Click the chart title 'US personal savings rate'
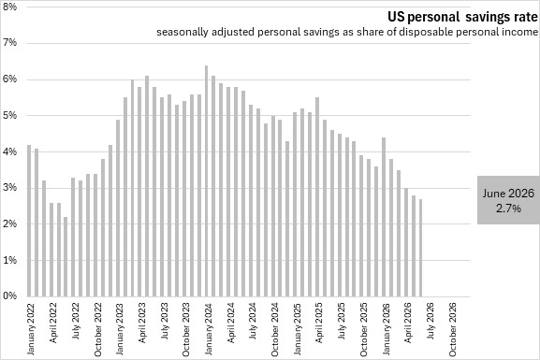(462, 17)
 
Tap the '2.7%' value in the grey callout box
(508, 209)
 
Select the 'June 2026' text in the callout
(508, 193)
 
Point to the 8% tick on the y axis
(9, 7)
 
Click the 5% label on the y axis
(9, 115)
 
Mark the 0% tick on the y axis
(9, 295)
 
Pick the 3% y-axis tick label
(9, 188)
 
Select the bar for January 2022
(29, 221)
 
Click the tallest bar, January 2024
(206, 181)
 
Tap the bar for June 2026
(420, 248)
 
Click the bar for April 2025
(317, 197)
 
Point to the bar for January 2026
(384, 217)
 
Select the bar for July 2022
(73, 238)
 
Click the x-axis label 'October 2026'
(452, 329)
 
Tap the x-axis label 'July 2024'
(253, 321)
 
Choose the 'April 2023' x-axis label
(142, 323)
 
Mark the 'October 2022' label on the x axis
(98, 329)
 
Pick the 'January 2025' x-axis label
(298, 328)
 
